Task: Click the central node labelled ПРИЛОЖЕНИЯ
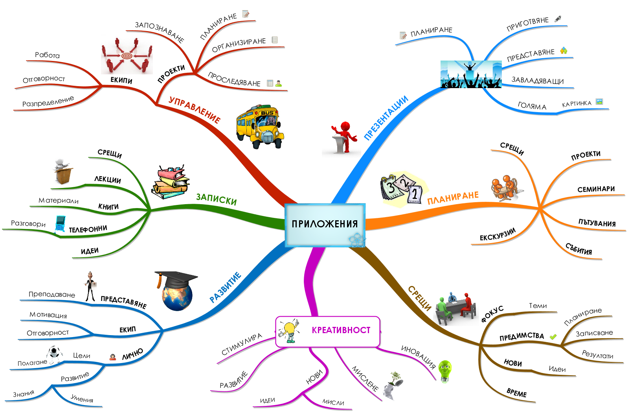click(325, 224)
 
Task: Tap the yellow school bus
click(260, 126)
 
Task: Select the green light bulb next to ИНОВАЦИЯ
click(445, 371)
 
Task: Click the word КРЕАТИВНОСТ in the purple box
click(341, 330)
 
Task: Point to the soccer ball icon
click(54, 352)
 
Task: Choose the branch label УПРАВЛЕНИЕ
click(194, 110)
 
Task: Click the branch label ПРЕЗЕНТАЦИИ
click(386, 118)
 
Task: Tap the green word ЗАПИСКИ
click(216, 199)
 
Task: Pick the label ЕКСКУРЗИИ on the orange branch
click(497, 235)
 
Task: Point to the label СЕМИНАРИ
click(596, 189)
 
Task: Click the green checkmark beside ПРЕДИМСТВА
click(553, 337)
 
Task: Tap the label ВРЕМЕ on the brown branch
click(516, 393)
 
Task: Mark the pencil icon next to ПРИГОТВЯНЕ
click(558, 19)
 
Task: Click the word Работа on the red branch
click(47, 55)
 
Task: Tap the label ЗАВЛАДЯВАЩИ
click(537, 81)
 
